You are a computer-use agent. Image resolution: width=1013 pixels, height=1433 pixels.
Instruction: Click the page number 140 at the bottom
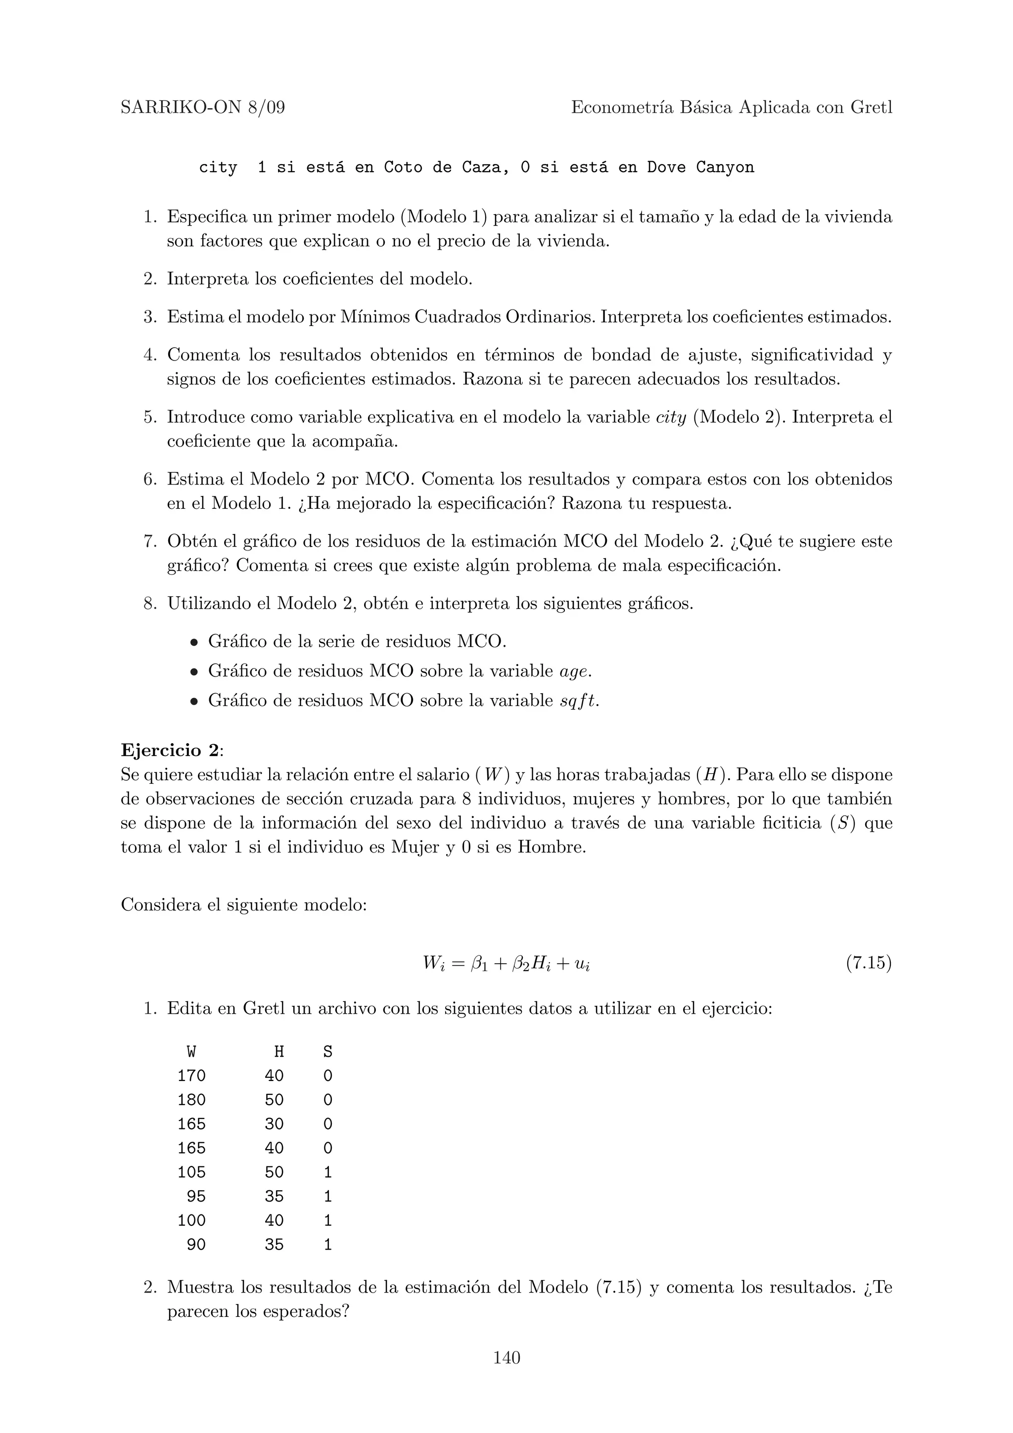pos(506,1357)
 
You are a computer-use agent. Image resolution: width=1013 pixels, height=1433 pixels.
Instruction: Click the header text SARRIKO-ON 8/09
pos(202,108)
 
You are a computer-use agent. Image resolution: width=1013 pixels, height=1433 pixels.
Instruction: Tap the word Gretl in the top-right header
pos(872,108)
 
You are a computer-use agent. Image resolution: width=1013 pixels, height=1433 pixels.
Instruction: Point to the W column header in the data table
pos(191,1052)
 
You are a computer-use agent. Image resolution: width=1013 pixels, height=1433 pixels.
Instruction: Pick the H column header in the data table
pos(278,1052)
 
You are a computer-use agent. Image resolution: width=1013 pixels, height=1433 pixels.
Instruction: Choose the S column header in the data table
pos(327,1052)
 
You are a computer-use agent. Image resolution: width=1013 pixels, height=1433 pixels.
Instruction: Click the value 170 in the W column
pos(191,1076)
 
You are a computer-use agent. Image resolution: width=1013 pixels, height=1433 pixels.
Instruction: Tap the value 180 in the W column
pos(191,1100)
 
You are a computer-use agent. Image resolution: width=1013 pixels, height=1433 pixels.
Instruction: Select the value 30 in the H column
pos(274,1124)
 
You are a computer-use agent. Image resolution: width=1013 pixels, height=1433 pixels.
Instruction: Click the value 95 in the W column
pos(196,1197)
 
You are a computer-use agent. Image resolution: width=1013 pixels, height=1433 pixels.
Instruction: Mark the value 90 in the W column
pos(196,1245)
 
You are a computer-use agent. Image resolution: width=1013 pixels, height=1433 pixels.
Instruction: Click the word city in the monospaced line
pos(218,168)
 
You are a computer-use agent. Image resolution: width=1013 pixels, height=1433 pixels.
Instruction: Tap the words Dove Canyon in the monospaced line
pos(700,168)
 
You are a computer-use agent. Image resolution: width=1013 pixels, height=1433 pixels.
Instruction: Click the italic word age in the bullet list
pos(574,672)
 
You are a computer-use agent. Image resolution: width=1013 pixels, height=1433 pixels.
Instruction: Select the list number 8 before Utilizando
pos(149,604)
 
